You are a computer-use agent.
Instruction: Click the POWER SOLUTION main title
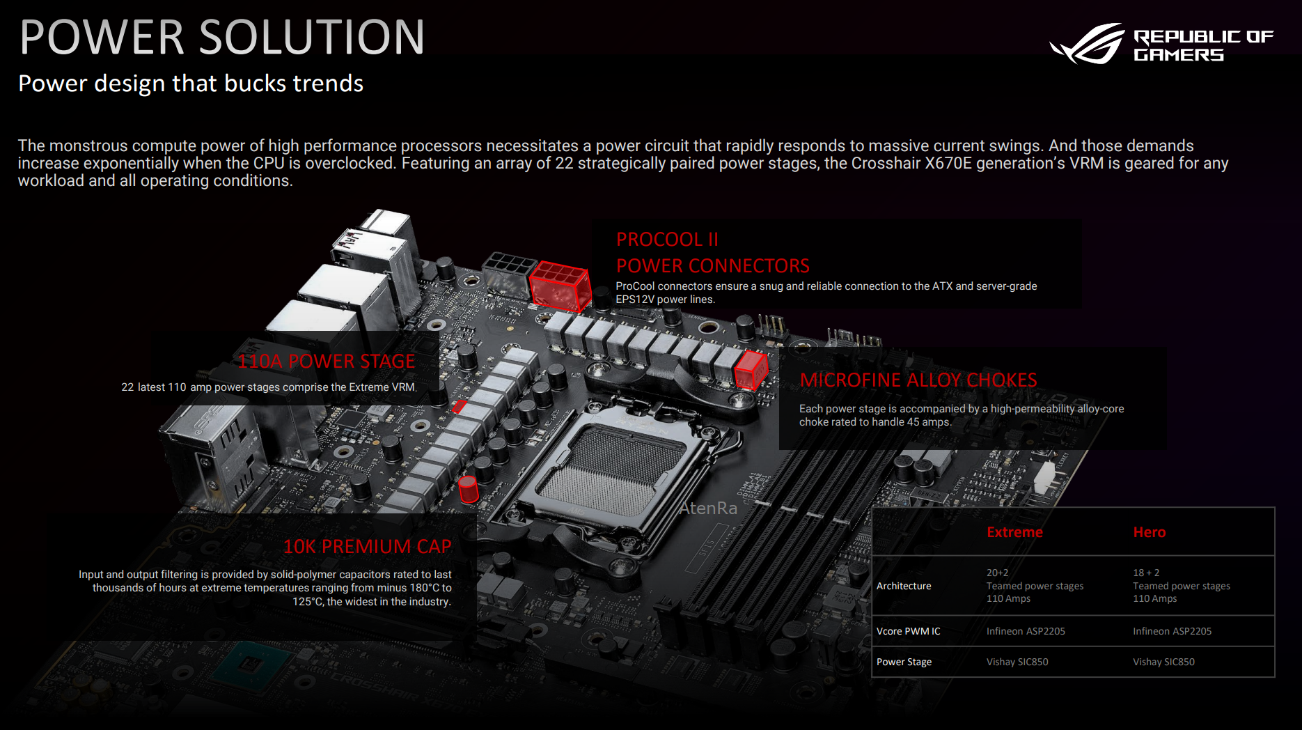(222, 37)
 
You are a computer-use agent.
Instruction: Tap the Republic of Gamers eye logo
(1088, 44)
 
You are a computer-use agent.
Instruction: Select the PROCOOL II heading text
(667, 239)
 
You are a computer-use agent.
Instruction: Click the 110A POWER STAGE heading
(326, 361)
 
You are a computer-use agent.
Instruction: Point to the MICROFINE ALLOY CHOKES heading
(918, 380)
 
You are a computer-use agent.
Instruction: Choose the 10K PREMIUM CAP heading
(367, 546)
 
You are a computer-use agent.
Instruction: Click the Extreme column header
(1014, 532)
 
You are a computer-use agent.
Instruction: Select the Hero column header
(1149, 532)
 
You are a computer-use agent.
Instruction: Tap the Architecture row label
(904, 586)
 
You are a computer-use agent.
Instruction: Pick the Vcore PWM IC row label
(908, 631)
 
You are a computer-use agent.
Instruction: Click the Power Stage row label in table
(904, 662)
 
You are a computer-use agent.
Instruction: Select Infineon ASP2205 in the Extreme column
(1026, 631)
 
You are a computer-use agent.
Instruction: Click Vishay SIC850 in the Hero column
(1163, 662)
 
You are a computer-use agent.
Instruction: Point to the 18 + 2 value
(1146, 573)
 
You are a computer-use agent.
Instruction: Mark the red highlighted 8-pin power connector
(560, 286)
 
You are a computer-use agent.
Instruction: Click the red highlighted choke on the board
(751, 370)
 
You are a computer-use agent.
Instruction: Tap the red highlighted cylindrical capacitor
(469, 489)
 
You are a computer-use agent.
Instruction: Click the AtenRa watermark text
(708, 508)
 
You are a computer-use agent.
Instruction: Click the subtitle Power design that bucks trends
(191, 84)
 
